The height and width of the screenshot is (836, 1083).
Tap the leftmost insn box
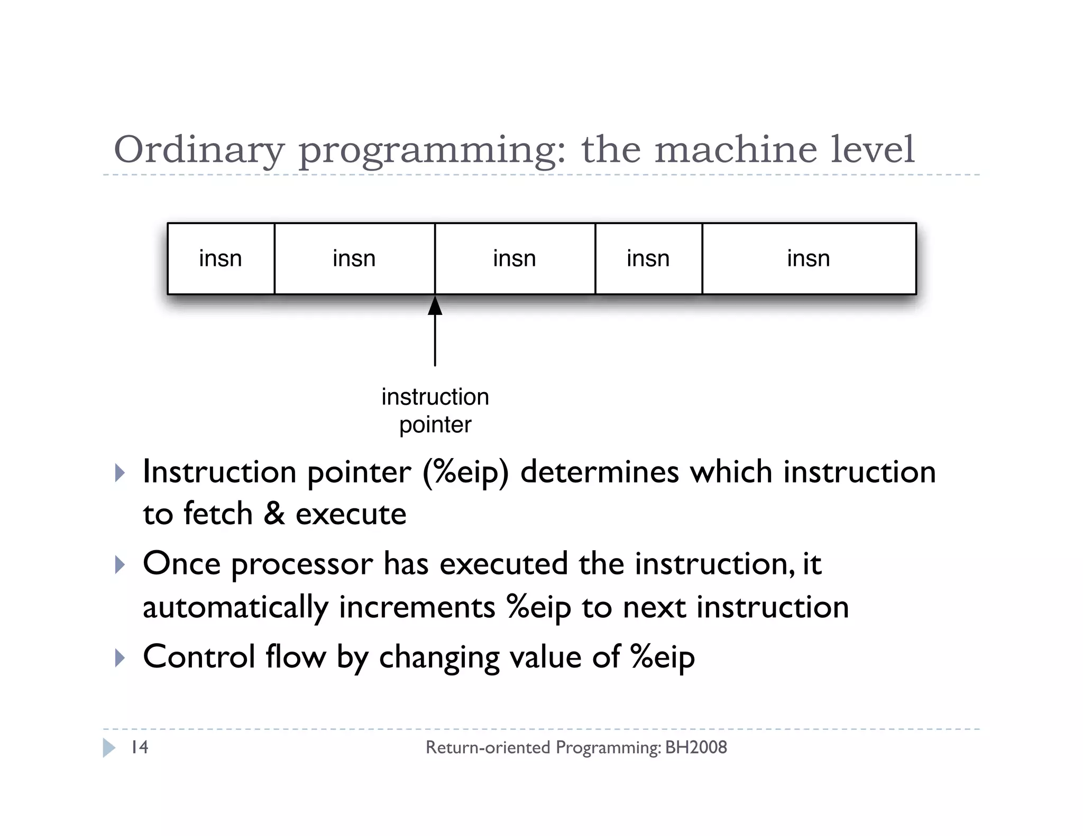point(221,258)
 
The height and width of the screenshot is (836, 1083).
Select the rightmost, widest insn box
point(809,258)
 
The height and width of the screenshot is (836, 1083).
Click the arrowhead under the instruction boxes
point(435,306)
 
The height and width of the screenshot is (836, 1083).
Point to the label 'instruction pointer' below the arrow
point(435,411)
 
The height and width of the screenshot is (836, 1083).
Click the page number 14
point(140,747)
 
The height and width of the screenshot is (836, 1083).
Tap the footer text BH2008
point(696,747)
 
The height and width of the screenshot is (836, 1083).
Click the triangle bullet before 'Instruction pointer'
point(120,472)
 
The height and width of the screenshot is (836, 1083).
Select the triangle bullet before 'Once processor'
point(120,565)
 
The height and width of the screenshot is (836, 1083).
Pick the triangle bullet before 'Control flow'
point(120,658)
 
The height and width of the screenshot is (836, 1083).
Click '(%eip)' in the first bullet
point(465,472)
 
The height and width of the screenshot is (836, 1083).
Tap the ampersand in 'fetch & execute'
point(274,514)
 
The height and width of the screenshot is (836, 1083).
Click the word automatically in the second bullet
point(235,607)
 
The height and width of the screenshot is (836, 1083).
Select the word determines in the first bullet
point(599,471)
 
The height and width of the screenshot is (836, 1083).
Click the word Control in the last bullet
point(199,657)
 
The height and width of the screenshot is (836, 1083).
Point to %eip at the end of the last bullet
point(662,658)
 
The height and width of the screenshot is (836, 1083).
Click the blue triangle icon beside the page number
point(109,747)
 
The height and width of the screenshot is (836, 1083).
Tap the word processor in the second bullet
point(302,564)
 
